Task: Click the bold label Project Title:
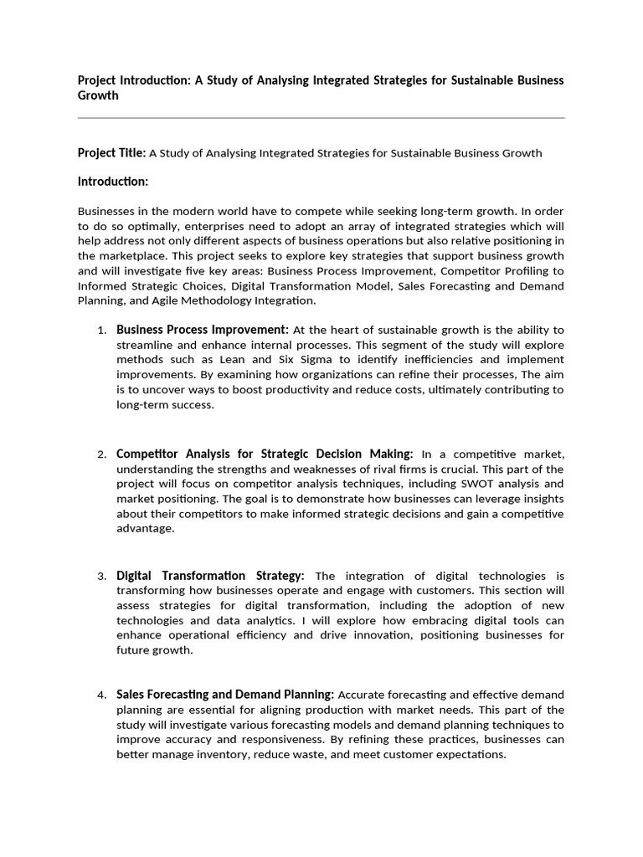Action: click(111, 152)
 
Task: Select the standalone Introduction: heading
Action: click(113, 182)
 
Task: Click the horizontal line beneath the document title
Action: click(321, 118)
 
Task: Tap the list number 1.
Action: click(101, 331)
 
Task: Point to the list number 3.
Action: click(101, 577)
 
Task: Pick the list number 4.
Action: click(101, 695)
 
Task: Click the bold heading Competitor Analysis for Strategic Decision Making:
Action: click(264, 454)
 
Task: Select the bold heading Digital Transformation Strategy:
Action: click(210, 576)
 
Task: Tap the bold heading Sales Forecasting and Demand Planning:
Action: click(225, 695)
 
